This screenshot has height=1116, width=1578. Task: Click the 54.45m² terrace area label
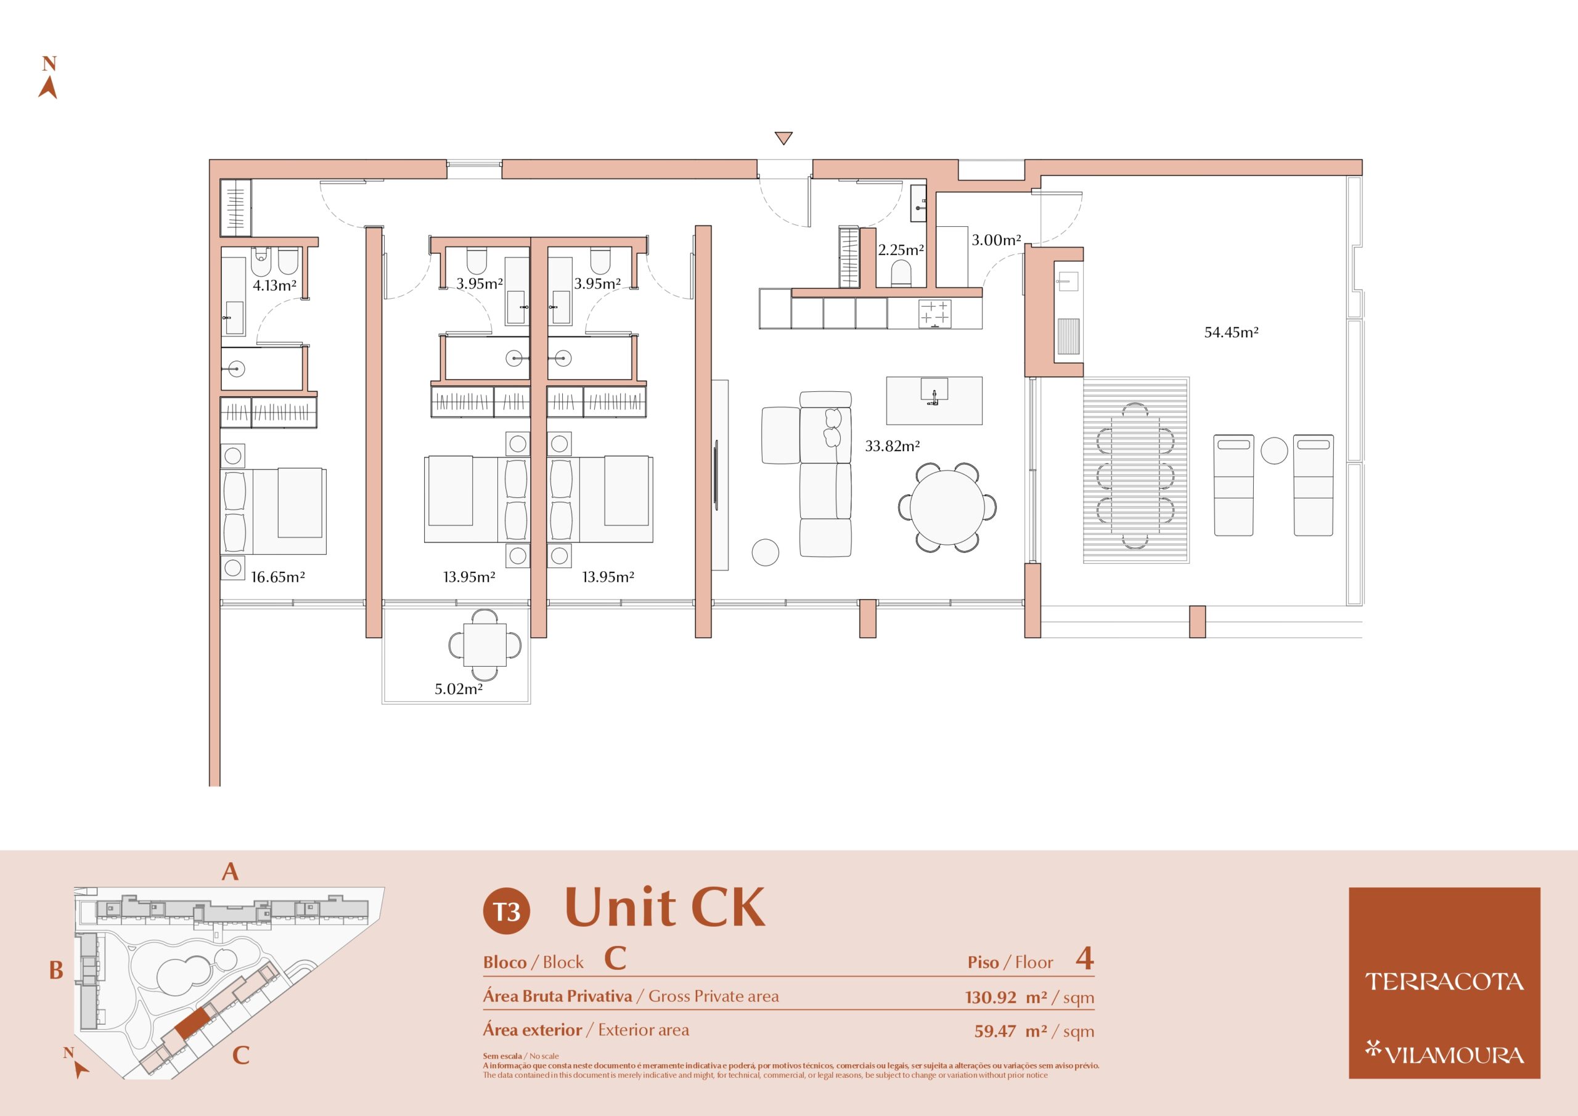point(1231,333)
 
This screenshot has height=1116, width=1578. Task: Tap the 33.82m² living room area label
point(892,446)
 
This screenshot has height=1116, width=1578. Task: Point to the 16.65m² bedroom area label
point(277,577)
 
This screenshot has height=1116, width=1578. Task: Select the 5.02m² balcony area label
point(459,689)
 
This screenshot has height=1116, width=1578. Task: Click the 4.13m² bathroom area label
point(274,286)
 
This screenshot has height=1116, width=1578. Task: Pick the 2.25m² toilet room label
point(901,250)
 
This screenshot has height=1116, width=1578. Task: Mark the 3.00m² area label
point(996,240)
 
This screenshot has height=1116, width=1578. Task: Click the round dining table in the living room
point(947,508)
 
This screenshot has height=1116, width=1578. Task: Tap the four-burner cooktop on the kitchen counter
point(934,314)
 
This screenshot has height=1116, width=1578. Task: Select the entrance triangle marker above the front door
point(783,137)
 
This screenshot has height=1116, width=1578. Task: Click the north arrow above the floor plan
point(47,88)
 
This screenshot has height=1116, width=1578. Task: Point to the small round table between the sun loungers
point(1274,451)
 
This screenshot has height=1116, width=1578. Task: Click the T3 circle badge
point(507,911)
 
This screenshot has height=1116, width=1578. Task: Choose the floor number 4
point(1084,959)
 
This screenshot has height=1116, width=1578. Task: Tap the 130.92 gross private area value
point(991,997)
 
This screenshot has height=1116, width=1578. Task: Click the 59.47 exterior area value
point(995,1031)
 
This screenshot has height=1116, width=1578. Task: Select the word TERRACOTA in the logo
point(1444,982)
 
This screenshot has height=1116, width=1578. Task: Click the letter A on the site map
point(231,872)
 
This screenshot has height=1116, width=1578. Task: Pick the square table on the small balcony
point(484,645)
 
